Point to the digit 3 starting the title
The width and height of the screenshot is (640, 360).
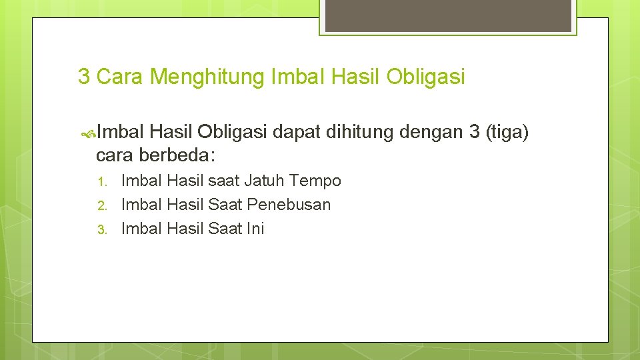point(84,77)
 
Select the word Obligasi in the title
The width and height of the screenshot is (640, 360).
point(425,77)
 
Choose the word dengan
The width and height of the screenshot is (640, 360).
point(431,133)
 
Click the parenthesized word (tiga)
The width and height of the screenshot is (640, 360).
point(507,133)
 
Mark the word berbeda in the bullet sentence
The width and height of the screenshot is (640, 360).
point(175,155)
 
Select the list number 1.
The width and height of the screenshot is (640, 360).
point(102,181)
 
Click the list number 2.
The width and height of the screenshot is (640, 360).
point(102,205)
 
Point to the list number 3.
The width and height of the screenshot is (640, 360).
point(102,229)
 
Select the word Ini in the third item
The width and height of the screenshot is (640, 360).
point(255,229)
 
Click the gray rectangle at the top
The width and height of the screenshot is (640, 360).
point(447,15)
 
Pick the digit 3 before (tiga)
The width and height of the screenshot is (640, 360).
point(474,133)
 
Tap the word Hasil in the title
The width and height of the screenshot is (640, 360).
point(357,77)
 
